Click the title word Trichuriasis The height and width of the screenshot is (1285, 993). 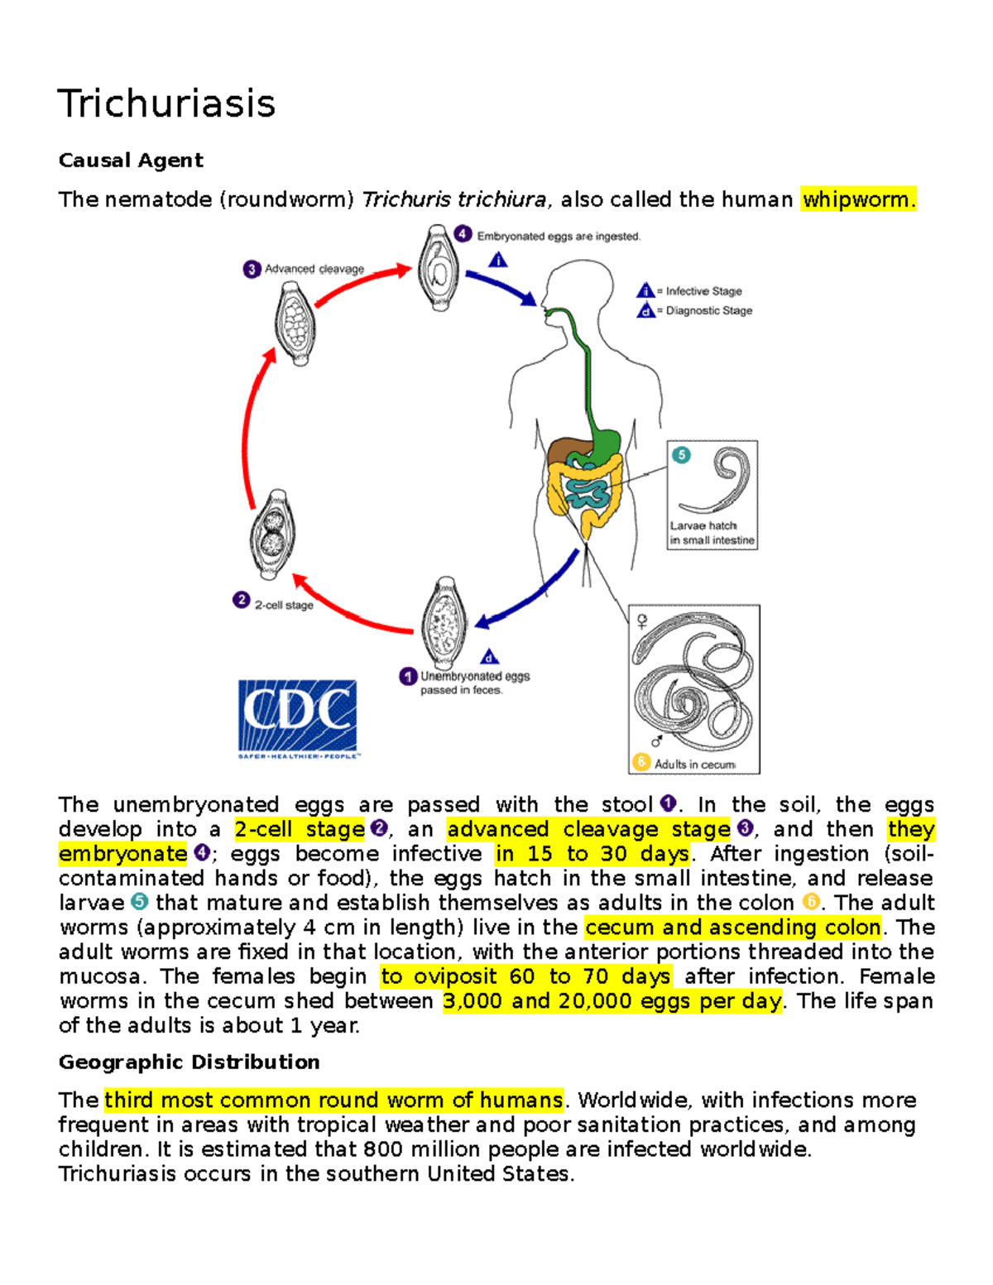(165, 104)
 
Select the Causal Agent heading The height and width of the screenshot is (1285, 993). (131, 161)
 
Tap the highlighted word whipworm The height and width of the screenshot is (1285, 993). (857, 199)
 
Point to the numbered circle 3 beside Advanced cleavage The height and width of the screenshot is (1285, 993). (252, 269)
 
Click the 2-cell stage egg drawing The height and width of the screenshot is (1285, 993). (272, 535)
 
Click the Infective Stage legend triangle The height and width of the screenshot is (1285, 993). (645, 290)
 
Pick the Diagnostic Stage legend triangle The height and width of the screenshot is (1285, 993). (645, 310)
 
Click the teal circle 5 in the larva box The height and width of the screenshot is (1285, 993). (681, 454)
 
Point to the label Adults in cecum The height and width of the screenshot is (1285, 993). (694, 765)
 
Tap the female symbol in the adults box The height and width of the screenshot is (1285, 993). (642, 621)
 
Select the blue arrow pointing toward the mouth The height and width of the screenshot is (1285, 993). (501, 286)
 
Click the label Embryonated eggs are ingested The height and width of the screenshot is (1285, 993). (559, 237)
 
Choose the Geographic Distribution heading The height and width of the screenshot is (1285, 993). (189, 1062)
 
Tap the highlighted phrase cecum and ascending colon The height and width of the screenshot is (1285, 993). (732, 927)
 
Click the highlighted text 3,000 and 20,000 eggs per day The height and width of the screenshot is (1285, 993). (612, 1001)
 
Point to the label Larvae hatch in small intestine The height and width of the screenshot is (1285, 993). (712, 533)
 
